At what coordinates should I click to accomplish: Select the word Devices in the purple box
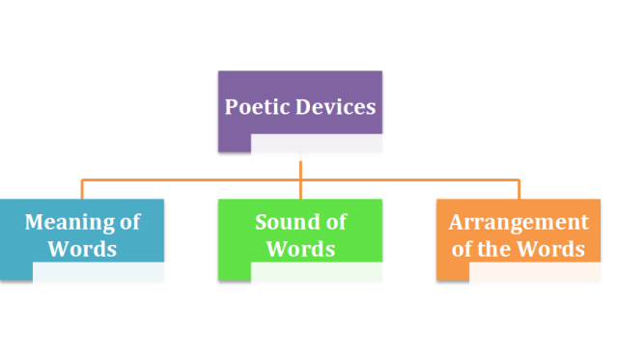click(334, 106)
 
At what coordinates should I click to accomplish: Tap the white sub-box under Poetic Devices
click(324, 148)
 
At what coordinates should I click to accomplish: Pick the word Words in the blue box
click(83, 249)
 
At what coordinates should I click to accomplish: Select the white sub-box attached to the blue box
click(106, 275)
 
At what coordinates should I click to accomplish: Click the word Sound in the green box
click(287, 222)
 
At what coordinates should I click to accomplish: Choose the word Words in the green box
click(300, 249)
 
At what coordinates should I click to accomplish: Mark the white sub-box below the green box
click(324, 275)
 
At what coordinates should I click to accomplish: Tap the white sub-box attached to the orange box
click(542, 275)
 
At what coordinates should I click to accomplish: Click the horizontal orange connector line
click(193, 180)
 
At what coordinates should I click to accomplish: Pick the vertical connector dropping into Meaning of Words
click(82, 189)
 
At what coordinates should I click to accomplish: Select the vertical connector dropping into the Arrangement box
click(519, 189)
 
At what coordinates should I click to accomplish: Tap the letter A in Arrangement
click(456, 222)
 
